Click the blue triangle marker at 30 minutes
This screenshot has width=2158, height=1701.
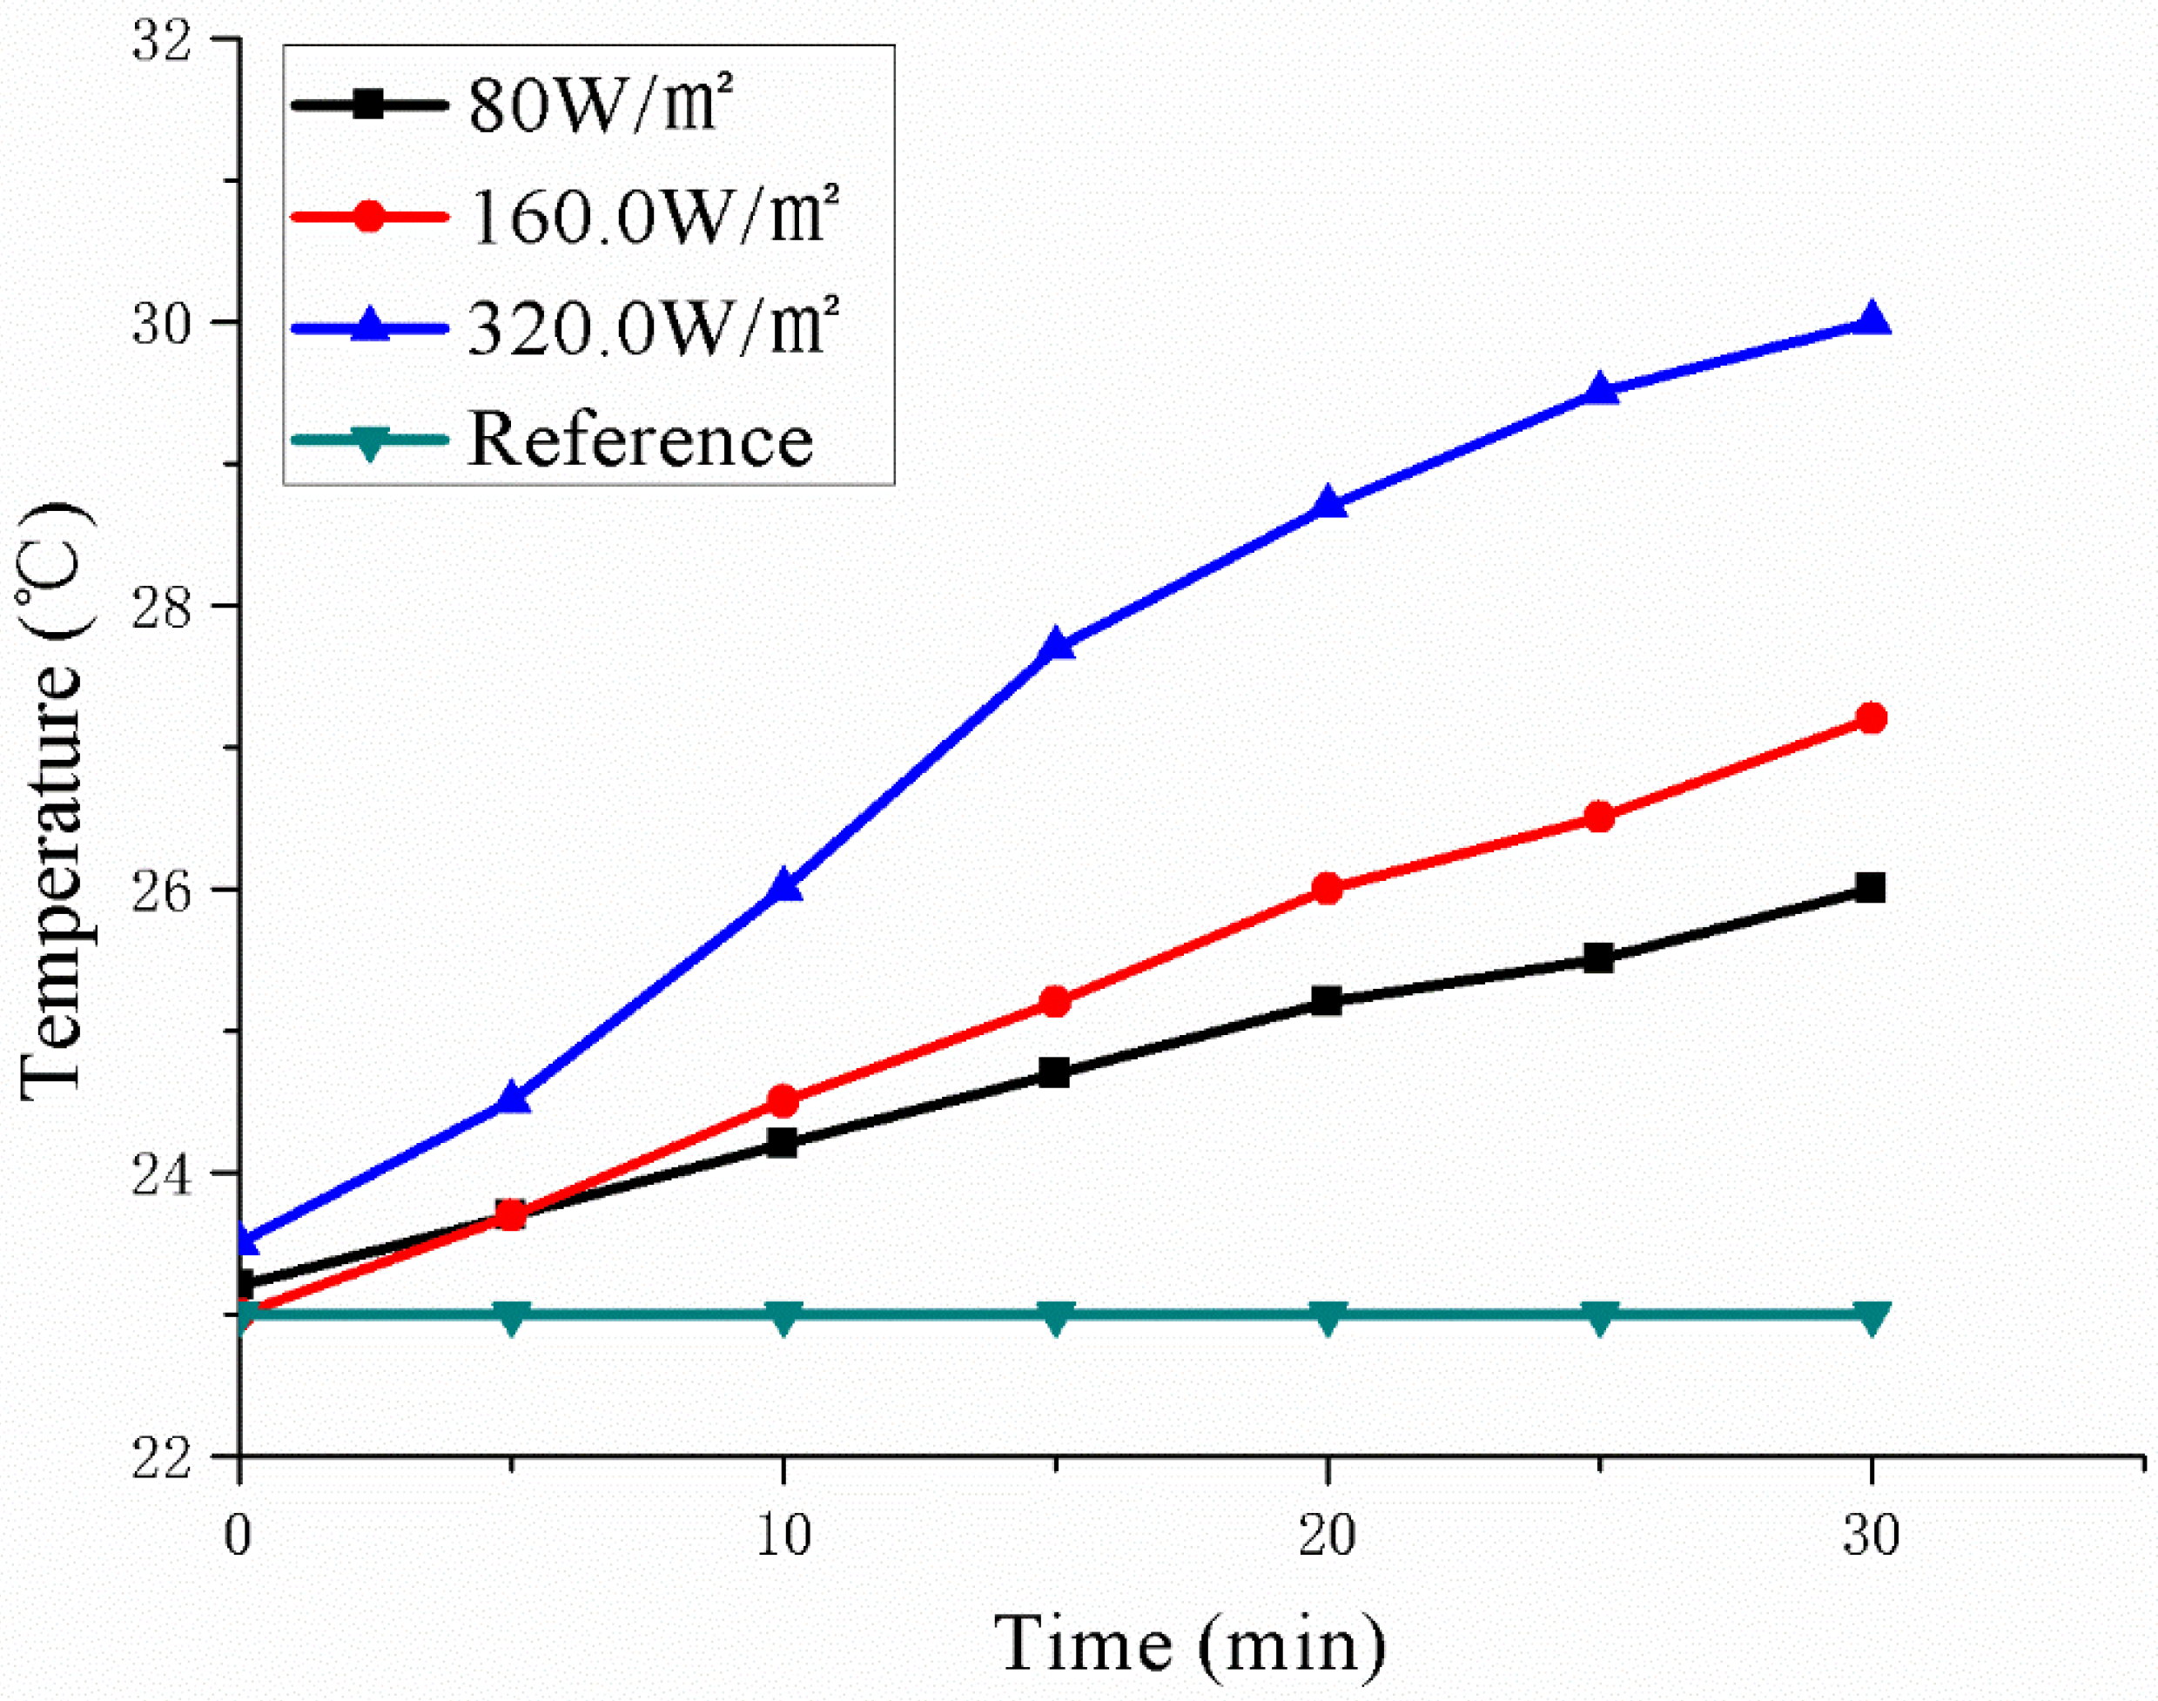point(1870,320)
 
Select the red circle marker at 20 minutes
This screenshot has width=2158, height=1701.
point(1327,888)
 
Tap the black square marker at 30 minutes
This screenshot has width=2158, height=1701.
point(1870,887)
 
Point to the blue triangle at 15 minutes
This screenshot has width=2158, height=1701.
point(1056,646)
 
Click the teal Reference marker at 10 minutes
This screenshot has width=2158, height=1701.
point(783,1316)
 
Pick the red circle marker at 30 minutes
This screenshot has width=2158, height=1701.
point(1870,718)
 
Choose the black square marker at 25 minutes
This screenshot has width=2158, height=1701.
point(1598,958)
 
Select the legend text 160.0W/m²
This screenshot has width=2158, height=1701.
point(652,216)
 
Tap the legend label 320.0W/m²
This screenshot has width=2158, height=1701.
point(652,327)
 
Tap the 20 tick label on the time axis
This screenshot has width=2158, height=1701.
point(1327,1535)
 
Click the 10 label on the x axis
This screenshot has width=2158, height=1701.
point(783,1535)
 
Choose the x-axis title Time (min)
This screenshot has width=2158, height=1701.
point(1190,1644)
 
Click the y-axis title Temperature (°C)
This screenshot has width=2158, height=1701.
point(55,802)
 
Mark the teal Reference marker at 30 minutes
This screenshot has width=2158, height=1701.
point(1870,1316)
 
